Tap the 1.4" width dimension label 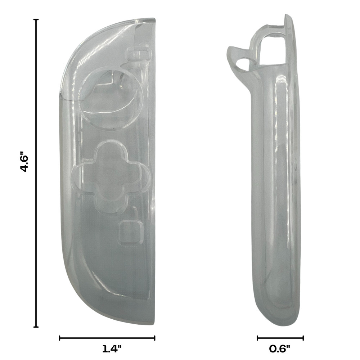[112, 348]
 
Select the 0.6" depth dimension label [280, 348]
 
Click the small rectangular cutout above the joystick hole [139, 54]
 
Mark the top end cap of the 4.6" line [36, 20]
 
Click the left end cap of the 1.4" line [59, 338]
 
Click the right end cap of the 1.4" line [155, 338]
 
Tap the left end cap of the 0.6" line [257, 338]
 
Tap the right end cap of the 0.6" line [303, 338]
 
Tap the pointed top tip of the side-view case [287, 16]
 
